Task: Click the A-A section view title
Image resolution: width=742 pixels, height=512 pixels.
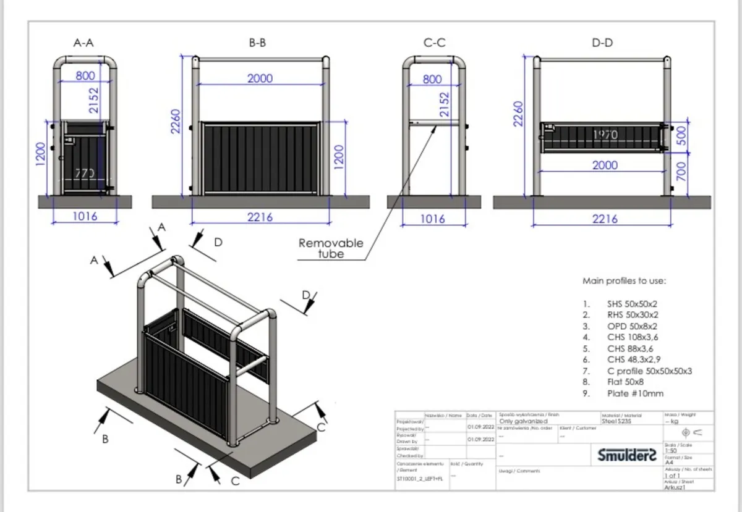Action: click(84, 43)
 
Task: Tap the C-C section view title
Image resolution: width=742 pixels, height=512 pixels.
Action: click(434, 43)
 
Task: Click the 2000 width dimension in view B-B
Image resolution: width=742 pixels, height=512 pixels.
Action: click(260, 79)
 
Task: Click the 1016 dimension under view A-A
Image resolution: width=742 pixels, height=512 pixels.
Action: click(85, 217)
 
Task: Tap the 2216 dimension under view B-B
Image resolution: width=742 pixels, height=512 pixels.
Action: click(259, 217)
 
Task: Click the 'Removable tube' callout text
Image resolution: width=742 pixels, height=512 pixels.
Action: click(331, 248)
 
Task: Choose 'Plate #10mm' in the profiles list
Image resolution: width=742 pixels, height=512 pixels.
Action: click(635, 393)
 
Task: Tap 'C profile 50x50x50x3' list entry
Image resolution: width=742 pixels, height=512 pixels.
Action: click(649, 371)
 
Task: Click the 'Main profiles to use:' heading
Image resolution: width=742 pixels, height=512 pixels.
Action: click(624, 281)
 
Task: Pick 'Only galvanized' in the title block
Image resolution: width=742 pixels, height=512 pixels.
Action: click(523, 421)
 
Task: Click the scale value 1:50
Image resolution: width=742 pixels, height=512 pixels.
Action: click(671, 451)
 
